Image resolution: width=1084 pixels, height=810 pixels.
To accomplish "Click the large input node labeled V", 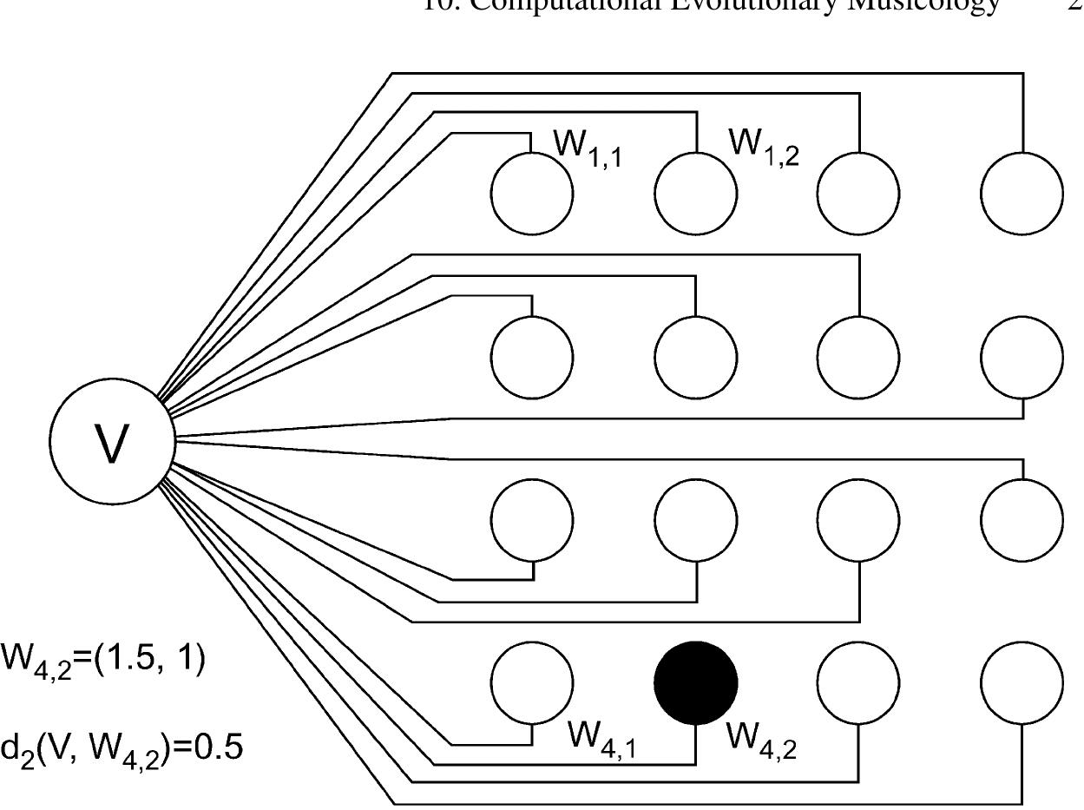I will tap(112, 441).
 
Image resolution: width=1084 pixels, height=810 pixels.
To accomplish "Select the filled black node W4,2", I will tap(696, 682).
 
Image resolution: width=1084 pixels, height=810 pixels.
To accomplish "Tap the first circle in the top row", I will tap(532, 193).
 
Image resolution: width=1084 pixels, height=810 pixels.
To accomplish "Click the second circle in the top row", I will tap(696, 193).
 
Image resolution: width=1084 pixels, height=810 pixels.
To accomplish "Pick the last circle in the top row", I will tap(1022, 193).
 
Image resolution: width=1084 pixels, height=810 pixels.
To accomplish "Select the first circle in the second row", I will tap(532, 357).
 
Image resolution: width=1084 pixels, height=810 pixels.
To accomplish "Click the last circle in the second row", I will tap(1022, 357).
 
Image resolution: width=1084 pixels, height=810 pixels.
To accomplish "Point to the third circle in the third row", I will tap(858, 520).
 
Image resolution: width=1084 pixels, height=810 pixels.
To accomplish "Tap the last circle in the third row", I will tap(1022, 520).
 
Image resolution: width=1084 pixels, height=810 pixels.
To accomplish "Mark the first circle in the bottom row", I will tap(532, 682).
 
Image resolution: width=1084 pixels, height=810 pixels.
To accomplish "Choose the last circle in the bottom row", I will tap(1022, 682).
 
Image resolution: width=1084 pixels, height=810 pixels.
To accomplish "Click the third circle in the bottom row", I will tap(858, 682).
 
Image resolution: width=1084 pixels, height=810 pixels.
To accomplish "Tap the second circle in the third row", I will tap(696, 520).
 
